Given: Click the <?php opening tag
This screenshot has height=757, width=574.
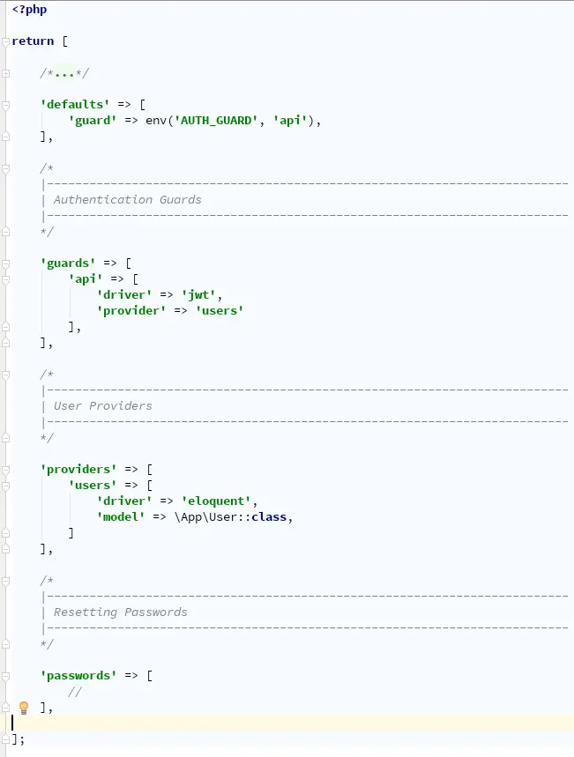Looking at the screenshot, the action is pyautogui.click(x=29, y=10).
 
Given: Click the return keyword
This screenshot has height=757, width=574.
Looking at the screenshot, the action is pyautogui.click(x=33, y=41).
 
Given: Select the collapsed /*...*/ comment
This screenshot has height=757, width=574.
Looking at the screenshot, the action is pyautogui.click(x=64, y=73).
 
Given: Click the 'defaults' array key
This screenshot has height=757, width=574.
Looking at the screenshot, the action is pyautogui.click(x=75, y=104).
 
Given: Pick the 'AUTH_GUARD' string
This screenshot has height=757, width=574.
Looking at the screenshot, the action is pyautogui.click(x=216, y=120).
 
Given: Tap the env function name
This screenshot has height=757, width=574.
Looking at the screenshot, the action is pyautogui.click(x=156, y=120).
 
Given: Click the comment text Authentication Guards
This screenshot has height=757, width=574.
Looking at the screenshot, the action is pyautogui.click(x=128, y=199).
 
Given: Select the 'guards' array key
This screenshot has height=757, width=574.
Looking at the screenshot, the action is pyautogui.click(x=68, y=263).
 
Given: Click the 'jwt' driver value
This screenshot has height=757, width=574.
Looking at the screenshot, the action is pyautogui.click(x=198, y=294).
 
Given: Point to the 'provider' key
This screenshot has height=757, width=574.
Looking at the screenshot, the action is pyautogui.click(x=131, y=310).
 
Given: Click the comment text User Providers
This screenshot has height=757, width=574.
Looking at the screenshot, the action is pyautogui.click(x=103, y=405).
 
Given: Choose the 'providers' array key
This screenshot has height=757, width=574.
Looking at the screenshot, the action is pyautogui.click(x=78, y=469).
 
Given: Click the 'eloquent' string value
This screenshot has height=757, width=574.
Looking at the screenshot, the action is pyautogui.click(x=216, y=501).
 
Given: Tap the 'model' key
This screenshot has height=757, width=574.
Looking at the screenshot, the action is pyautogui.click(x=121, y=516).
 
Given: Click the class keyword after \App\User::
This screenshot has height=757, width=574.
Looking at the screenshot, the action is pyautogui.click(x=269, y=516).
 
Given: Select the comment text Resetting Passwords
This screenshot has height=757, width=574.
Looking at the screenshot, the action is pyautogui.click(x=120, y=612).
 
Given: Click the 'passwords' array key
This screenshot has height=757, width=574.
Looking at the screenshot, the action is pyautogui.click(x=78, y=675).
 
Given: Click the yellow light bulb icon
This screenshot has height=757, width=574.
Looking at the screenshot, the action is pyautogui.click(x=24, y=708).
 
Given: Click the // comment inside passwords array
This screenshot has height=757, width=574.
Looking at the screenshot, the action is pyautogui.click(x=75, y=691).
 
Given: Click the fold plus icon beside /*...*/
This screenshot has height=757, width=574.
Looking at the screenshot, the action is pyautogui.click(x=6, y=73).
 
